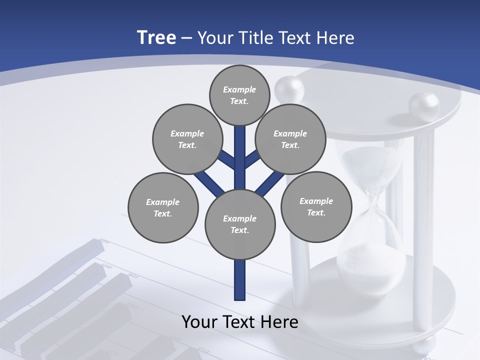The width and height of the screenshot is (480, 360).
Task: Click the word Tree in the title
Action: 156,37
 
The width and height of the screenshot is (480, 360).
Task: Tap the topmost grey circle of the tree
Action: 239,95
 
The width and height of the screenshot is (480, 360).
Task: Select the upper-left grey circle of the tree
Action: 187,139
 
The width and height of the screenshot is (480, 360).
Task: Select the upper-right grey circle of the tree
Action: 290,139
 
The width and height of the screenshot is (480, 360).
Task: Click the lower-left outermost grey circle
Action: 163,207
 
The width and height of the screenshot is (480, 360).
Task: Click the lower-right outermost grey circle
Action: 316,206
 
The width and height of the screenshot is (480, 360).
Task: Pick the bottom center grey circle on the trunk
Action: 240,224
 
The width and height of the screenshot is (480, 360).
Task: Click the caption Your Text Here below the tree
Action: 240,321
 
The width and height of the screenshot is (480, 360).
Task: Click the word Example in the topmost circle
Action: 239,89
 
